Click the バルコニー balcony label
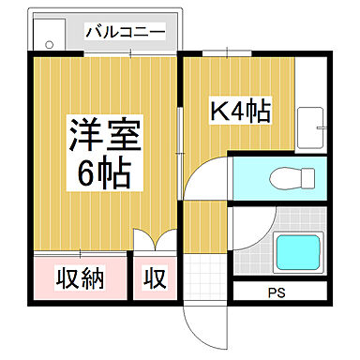(x=125, y=32)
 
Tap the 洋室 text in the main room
(x=103, y=135)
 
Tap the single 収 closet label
(x=155, y=278)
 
